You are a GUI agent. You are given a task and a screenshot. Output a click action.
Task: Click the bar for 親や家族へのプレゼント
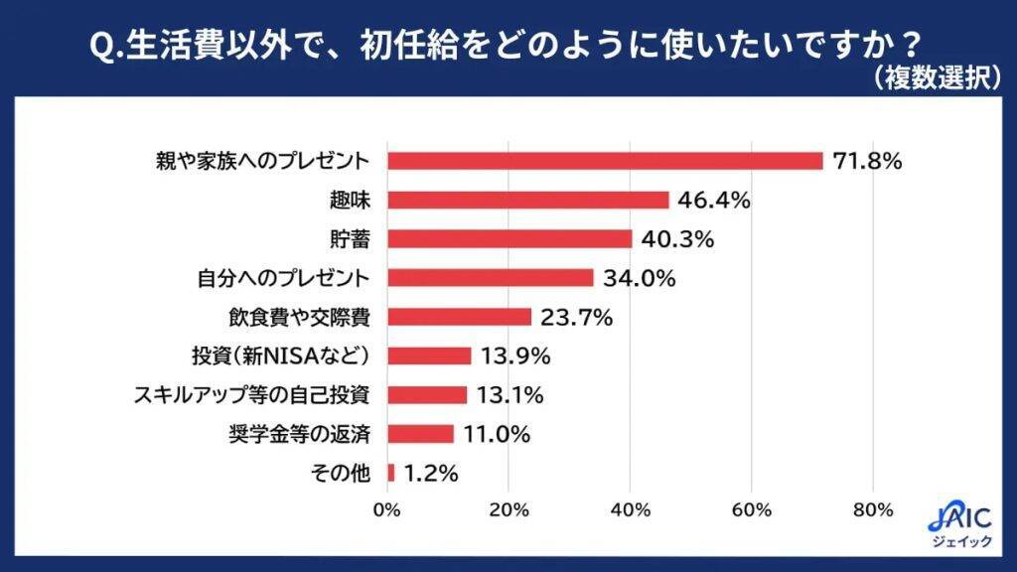[x=605, y=161]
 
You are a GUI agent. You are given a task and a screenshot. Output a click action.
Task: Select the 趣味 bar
[x=527, y=200]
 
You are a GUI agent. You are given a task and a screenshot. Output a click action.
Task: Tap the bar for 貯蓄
[x=509, y=238]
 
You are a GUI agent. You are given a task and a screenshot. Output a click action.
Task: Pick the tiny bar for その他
[x=391, y=473]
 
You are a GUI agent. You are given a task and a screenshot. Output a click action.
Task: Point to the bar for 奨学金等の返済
[x=420, y=434]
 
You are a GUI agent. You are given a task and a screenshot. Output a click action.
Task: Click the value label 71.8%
[x=867, y=161]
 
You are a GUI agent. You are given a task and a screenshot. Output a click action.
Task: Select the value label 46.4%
[x=713, y=200]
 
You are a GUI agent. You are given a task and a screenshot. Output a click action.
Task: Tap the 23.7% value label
[x=576, y=317]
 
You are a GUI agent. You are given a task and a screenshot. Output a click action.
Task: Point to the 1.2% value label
[x=430, y=474]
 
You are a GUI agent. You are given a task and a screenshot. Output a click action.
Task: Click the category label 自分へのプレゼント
[x=279, y=278]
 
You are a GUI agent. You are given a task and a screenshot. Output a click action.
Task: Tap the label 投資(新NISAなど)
[x=280, y=356]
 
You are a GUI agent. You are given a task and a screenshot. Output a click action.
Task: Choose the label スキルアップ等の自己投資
[x=252, y=395]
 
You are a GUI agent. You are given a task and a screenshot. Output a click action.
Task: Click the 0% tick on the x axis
[x=386, y=510]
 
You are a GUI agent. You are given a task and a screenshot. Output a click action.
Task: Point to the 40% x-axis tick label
[x=630, y=510]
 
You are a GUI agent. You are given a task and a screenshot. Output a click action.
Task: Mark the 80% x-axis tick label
[x=873, y=510]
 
